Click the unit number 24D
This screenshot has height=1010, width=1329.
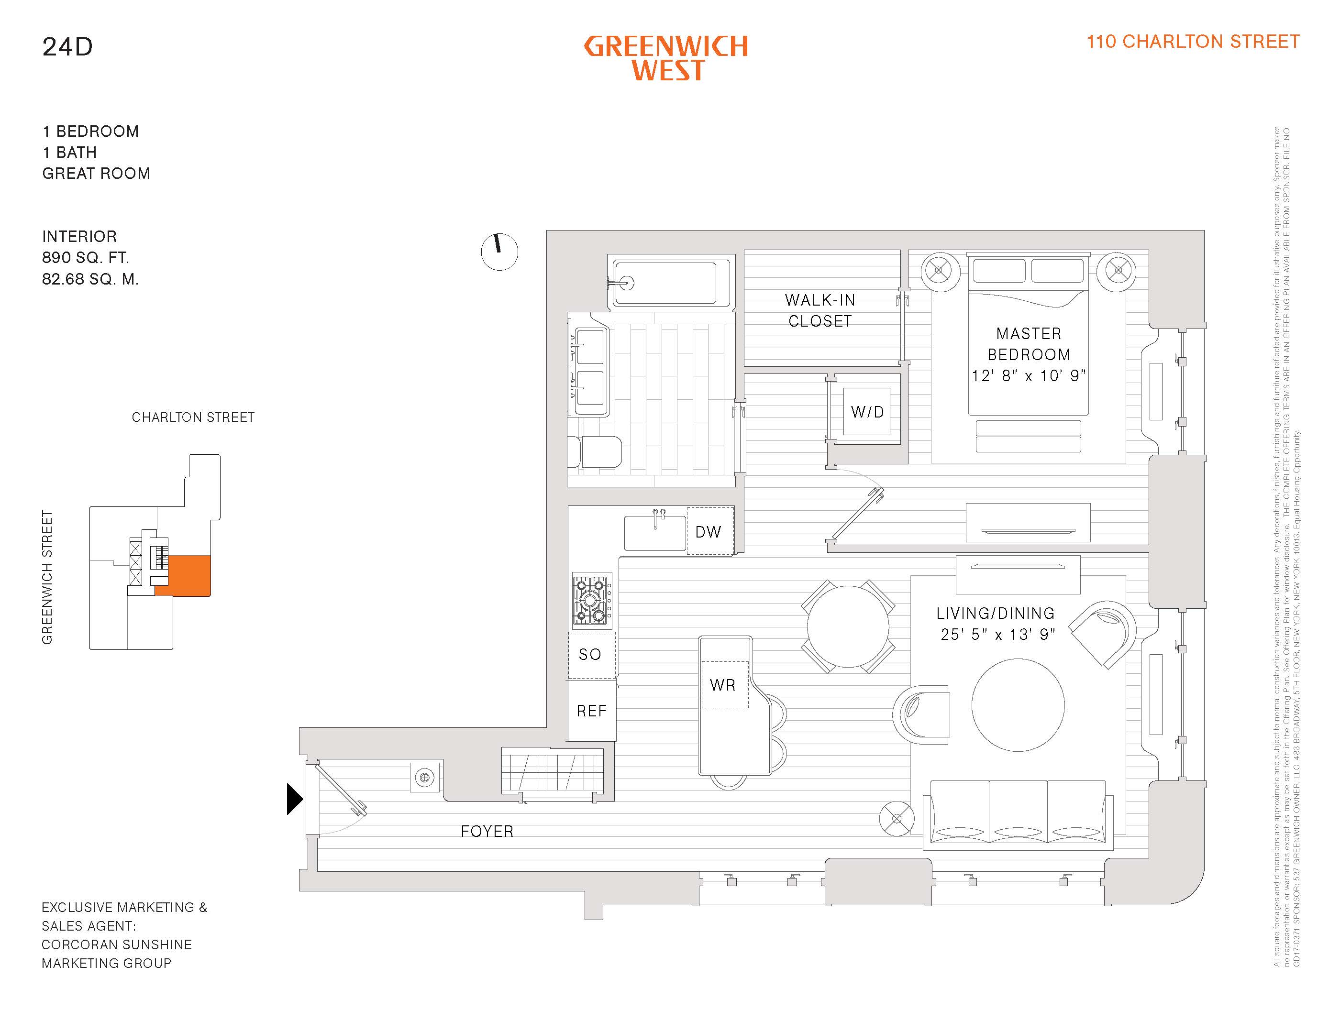(x=67, y=47)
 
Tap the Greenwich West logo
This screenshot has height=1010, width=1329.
(x=666, y=58)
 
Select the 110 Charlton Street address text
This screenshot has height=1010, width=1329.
(x=1193, y=42)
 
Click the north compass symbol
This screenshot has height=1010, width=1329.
(x=499, y=251)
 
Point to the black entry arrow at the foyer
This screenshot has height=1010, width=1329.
(x=294, y=799)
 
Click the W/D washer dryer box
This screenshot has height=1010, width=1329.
(x=866, y=412)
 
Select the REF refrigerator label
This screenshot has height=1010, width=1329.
(x=591, y=711)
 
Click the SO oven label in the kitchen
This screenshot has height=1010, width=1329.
(x=590, y=655)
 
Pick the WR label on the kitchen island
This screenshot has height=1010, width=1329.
(x=722, y=685)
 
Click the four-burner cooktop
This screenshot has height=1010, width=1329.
(x=591, y=601)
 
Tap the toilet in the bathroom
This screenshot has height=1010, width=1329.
(x=595, y=451)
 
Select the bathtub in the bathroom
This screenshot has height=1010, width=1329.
(x=669, y=283)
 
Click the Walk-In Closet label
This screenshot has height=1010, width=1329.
(x=820, y=310)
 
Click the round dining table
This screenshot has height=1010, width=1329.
(x=847, y=626)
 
